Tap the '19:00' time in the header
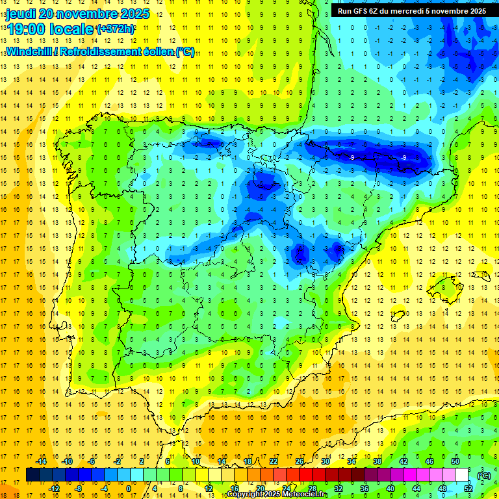click(x=28, y=29)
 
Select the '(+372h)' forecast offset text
click(x=115, y=29)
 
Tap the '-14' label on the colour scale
click(x=41, y=461)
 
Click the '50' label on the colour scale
click(x=455, y=461)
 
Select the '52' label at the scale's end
click(x=468, y=488)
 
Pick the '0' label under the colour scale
click(x=128, y=488)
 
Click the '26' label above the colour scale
click(x=300, y=461)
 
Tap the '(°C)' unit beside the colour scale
click(x=483, y=475)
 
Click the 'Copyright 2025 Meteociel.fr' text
click(x=277, y=494)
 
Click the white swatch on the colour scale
click(x=462, y=475)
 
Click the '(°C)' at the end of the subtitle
click(x=185, y=52)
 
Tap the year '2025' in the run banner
click(x=474, y=10)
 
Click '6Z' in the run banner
click(x=379, y=10)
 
